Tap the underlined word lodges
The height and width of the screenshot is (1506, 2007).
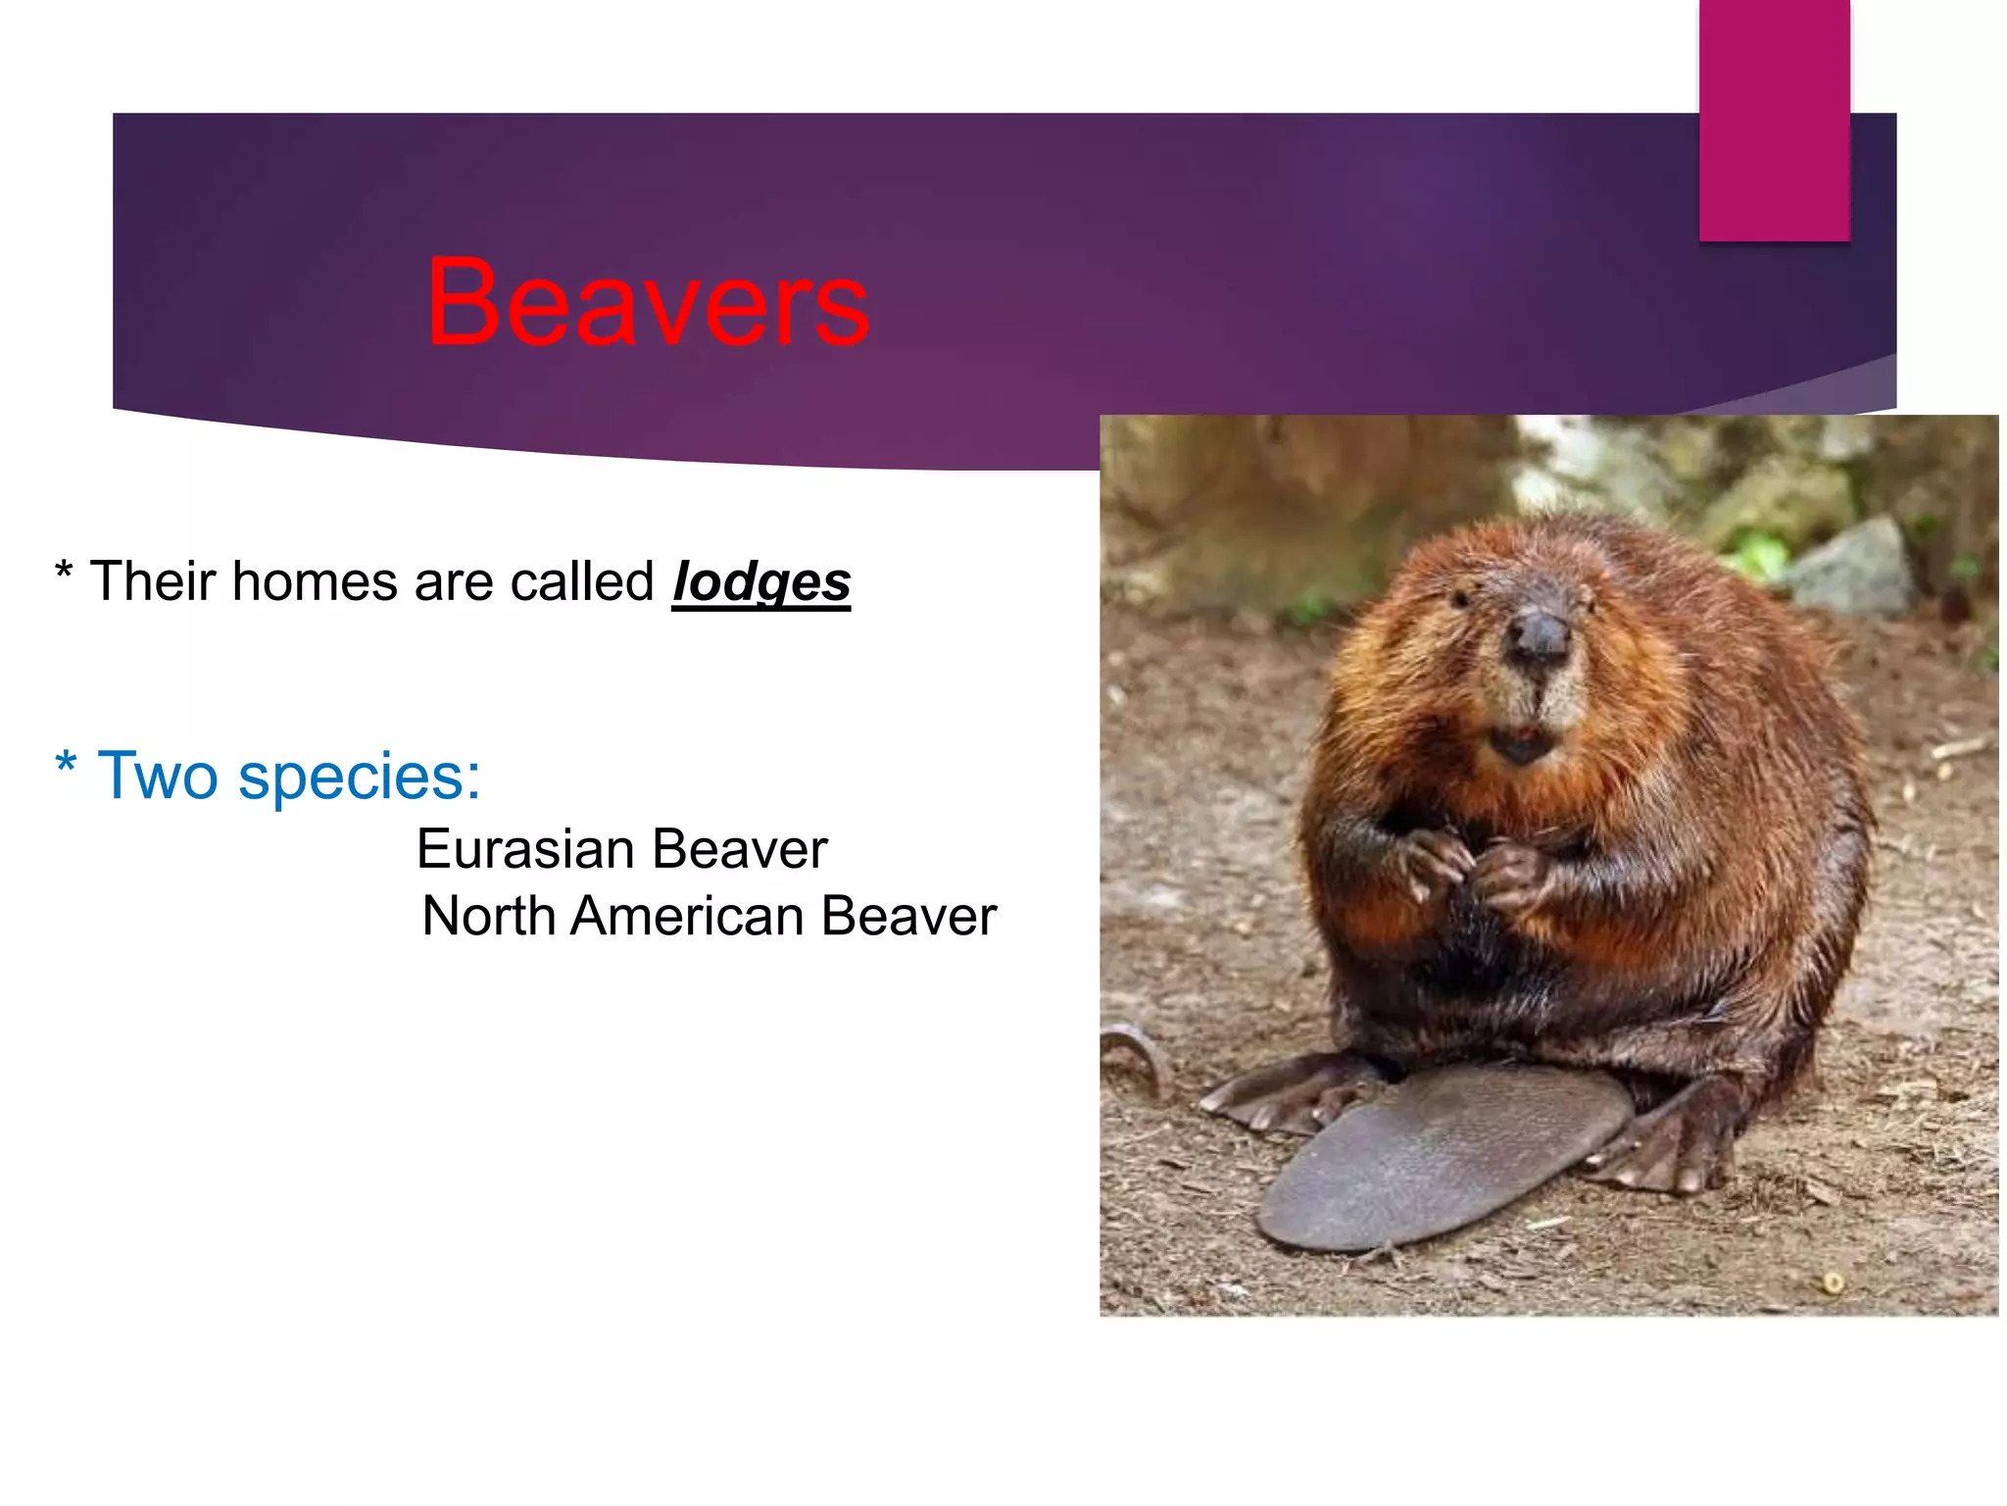pyautogui.click(x=760, y=582)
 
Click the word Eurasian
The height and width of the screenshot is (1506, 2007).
pyautogui.click(x=524, y=849)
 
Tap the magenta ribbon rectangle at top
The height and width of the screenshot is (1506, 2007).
pyautogui.click(x=1774, y=118)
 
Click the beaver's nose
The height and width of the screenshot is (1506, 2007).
pyautogui.click(x=1539, y=637)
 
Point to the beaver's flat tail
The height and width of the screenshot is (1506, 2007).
pyautogui.click(x=1441, y=1157)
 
